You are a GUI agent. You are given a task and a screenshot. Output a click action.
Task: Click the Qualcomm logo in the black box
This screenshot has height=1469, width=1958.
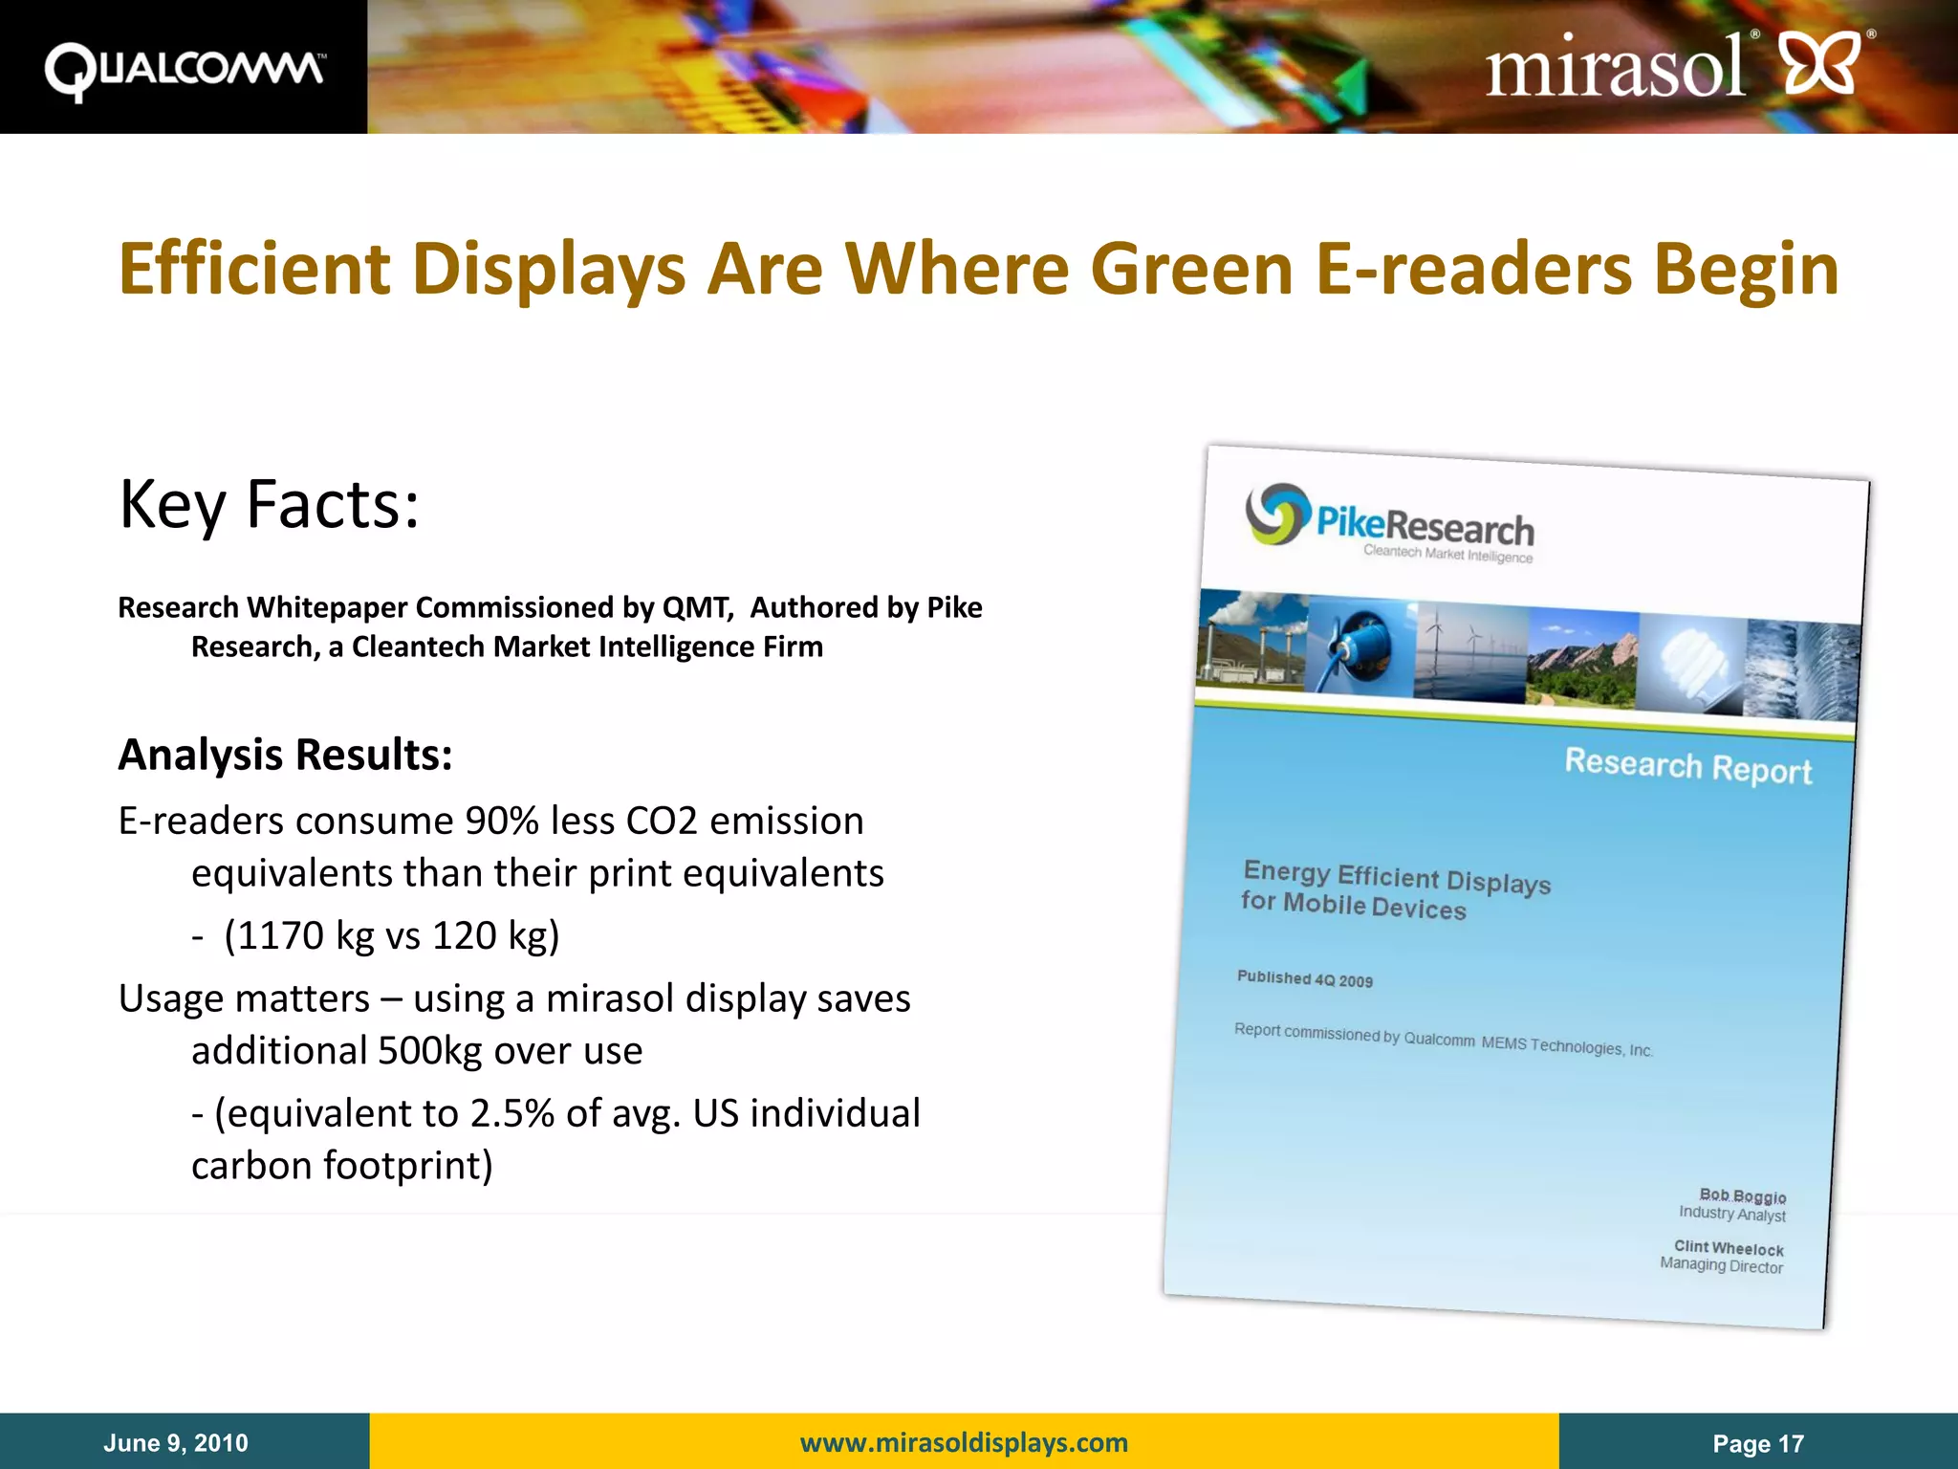coord(185,70)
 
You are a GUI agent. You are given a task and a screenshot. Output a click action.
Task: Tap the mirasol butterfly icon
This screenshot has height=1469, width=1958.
coord(1822,63)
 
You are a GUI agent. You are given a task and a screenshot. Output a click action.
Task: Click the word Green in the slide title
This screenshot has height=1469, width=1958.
coord(1191,269)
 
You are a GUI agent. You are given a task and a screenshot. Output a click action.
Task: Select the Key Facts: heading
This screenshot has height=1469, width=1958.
coord(269,504)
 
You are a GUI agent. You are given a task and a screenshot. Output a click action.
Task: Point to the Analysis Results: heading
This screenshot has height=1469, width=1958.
coord(285,755)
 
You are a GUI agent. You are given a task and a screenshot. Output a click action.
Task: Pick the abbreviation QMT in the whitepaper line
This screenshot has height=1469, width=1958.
coord(696,607)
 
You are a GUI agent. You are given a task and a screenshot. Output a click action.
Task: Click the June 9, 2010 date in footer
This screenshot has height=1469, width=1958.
coord(176,1442)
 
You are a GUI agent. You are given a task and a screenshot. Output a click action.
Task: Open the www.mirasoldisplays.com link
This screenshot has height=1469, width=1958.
coord(964,1442)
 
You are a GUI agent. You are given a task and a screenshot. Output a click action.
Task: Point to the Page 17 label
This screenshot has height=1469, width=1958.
coord(1757,1443)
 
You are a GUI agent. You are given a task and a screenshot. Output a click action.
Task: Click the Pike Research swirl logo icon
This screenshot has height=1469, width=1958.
coord(1276,514)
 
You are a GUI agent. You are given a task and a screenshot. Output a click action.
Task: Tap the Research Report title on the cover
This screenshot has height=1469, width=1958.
coord(1687,766)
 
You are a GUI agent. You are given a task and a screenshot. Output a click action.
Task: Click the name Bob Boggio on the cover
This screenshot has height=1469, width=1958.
coord(1742,1195)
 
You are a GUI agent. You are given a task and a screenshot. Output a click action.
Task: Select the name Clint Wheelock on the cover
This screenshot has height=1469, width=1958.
coord(1728,1248)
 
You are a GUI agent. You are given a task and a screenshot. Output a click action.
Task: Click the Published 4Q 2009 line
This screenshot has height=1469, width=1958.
coord(1304,978)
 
